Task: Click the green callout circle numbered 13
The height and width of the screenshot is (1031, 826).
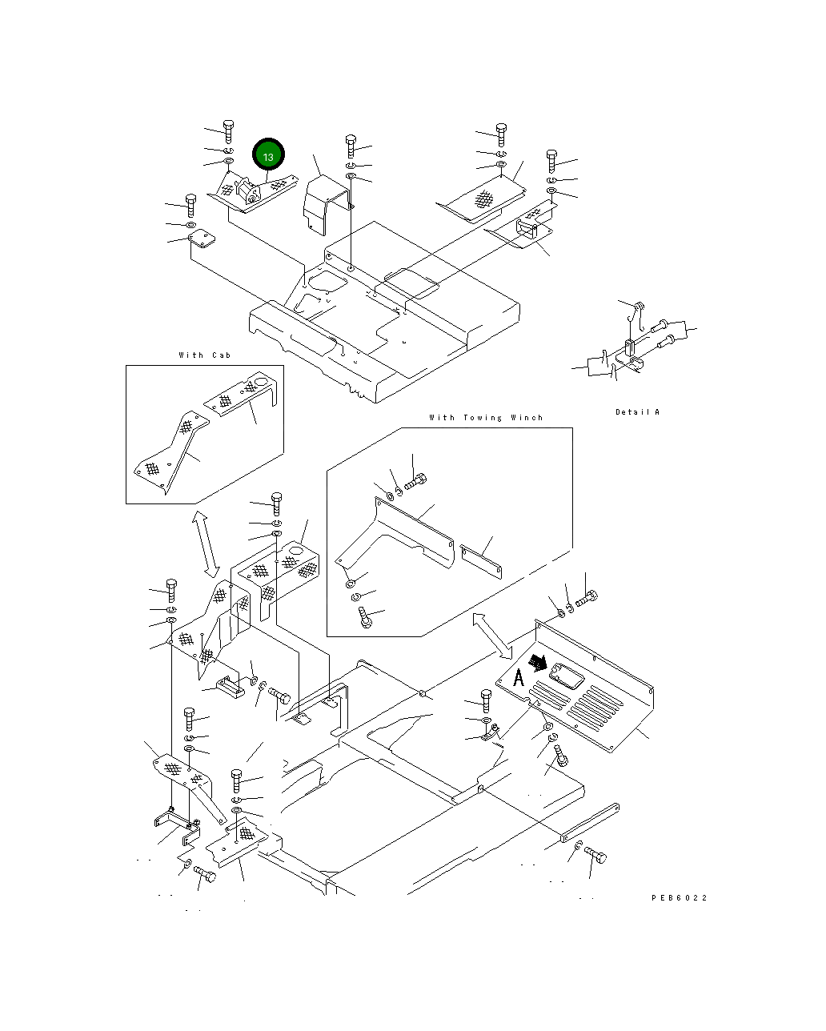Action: coord(268,154)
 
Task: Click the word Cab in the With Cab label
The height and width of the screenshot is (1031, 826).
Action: coord(222,355)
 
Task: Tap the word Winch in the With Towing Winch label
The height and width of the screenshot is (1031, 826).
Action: coord(527,417)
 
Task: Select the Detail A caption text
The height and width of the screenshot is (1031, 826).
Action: coord(637,411)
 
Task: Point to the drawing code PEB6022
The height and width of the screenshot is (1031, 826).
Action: coord(679,897)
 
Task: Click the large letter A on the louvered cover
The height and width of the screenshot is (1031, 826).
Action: coord(519,677)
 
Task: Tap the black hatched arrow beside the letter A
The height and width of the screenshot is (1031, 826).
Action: coord(538,663)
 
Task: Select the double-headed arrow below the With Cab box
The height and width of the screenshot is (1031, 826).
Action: coord(206,544)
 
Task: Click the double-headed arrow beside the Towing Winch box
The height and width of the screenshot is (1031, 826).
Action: coord(492,636)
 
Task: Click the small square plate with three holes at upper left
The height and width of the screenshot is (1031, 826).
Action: coord(201,239)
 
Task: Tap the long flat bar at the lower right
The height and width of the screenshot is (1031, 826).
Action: coord(589,822)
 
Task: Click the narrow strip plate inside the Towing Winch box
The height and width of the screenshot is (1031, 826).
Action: coord(481,561)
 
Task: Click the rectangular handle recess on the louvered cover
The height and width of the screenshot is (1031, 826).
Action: coord(567,676)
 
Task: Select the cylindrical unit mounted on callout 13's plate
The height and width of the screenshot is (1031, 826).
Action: coord(247,192)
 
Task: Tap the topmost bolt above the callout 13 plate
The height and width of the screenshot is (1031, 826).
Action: coord(229,132)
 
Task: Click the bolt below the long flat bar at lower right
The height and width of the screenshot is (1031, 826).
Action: coord(595,854)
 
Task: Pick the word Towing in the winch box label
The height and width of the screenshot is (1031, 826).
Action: coord(483,418)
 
